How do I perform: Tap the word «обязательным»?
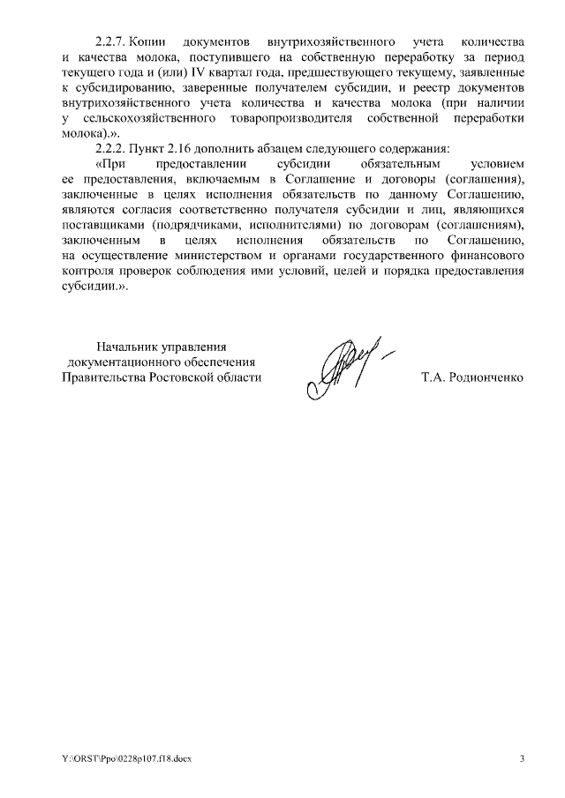click(386, 165)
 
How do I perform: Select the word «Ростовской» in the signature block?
click(196, 377)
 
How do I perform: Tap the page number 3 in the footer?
click(521, 758)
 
